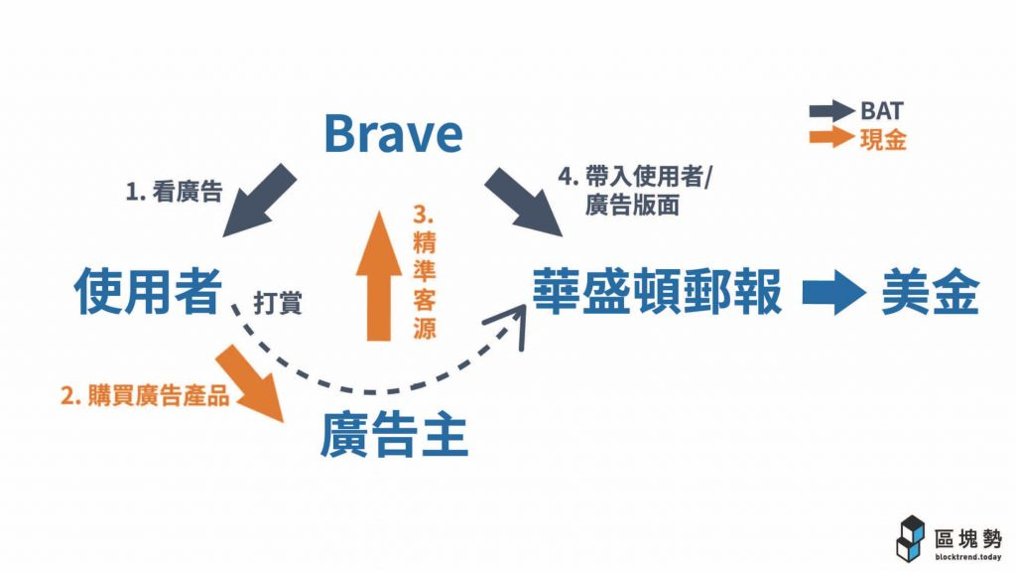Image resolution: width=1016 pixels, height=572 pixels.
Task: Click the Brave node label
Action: [394, 133]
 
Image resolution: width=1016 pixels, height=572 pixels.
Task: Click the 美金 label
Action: [930, 292]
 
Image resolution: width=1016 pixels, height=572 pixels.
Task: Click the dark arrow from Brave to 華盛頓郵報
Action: [523, 203]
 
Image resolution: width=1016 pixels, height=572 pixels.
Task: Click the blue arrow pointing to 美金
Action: [833, 293]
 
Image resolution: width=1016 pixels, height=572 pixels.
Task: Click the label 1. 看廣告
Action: [174, 193]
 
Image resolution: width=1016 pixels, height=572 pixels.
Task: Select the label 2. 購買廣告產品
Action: [145, 395]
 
